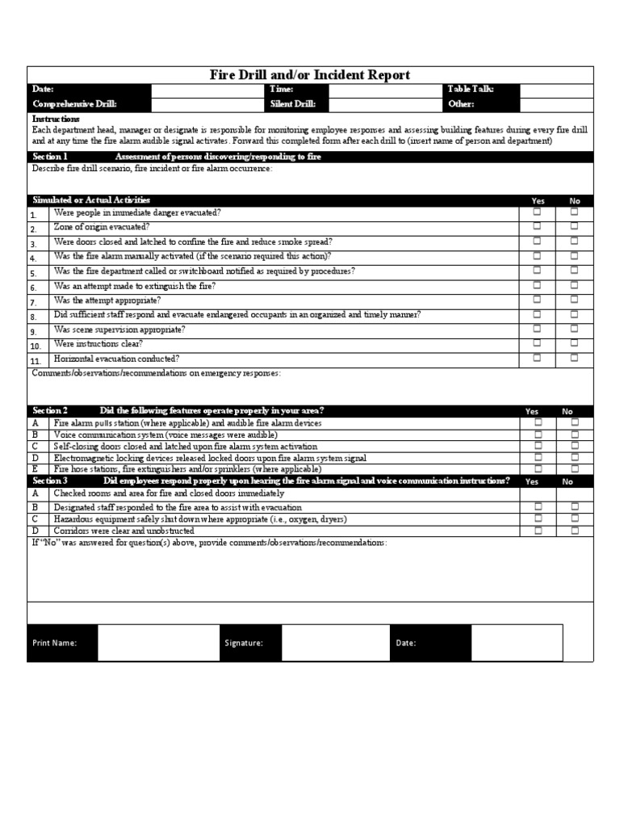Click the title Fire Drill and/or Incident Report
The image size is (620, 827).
pos(310,75)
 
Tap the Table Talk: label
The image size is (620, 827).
pos(470,90)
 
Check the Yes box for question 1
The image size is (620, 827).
pos(537,212)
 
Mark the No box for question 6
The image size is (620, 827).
pos(575,285)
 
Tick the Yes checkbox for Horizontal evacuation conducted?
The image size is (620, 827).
pos(537,358)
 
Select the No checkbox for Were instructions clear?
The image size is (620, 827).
pos(575,343)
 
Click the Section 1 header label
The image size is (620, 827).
pos(50,156)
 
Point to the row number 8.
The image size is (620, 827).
pos(34,317)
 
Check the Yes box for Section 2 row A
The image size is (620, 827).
pos(537,422)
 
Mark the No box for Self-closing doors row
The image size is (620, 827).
pos(575,445)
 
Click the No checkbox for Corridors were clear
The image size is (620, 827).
pos(575,531)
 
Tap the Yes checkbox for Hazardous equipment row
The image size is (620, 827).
pos(537,519)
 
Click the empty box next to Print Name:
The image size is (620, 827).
pos(157,643)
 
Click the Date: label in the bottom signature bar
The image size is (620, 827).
pos(406,643)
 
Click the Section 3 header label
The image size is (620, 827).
pos(50,481)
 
